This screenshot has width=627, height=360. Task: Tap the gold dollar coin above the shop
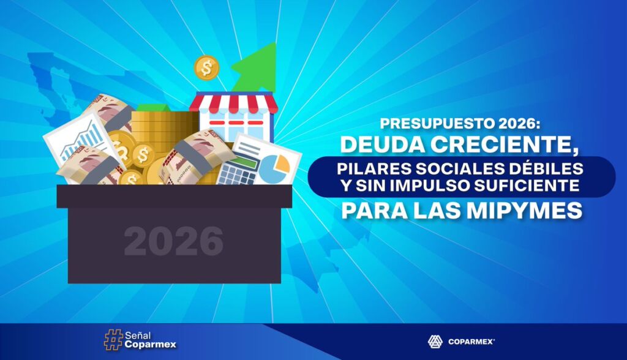tap(206, 67)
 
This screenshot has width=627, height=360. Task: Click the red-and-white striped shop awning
tap(233, 103)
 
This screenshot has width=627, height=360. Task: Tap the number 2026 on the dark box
tap(173, 241)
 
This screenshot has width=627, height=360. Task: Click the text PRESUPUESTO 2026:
tap(460, 124)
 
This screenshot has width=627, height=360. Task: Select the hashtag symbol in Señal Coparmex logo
tap(113, 340)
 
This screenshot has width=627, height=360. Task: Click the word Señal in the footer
tap(138, 335)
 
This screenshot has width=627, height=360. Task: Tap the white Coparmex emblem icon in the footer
tap(435, 342)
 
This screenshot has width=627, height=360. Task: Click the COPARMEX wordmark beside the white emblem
tap(471, 342)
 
